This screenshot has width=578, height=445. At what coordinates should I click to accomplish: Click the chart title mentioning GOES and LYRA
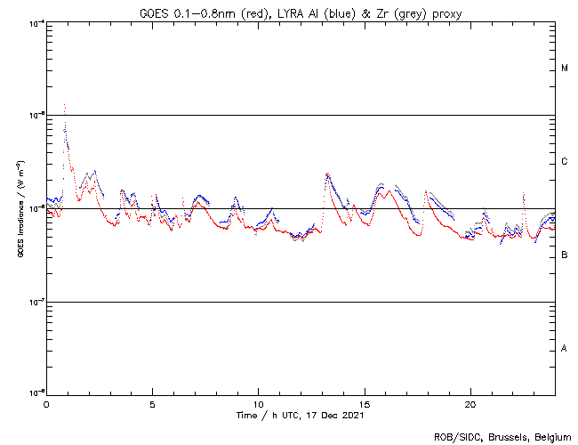pos(301,12)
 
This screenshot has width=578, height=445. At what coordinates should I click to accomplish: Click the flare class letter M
pos(565,69)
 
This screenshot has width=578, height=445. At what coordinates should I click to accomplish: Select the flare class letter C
pos(565,162)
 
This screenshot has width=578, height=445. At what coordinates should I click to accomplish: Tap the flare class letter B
pos(565,255)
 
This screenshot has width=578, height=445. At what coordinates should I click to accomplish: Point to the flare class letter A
pos(565,349)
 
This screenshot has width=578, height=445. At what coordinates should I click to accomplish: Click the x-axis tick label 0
pos(46,404)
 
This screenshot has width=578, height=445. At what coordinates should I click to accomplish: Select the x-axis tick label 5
pos(152,404)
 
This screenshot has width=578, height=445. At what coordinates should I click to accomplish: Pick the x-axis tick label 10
pos(258,404)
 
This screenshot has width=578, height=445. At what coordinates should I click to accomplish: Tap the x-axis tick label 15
pos(364,404)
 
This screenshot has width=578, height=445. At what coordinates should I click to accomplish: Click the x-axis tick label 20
pos(470,404)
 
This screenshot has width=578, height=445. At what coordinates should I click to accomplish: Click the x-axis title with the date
pos(301,415)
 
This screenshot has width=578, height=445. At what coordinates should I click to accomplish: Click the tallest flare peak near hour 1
pos(65,105)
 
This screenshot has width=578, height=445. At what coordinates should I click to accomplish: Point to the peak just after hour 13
pos(326,174)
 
